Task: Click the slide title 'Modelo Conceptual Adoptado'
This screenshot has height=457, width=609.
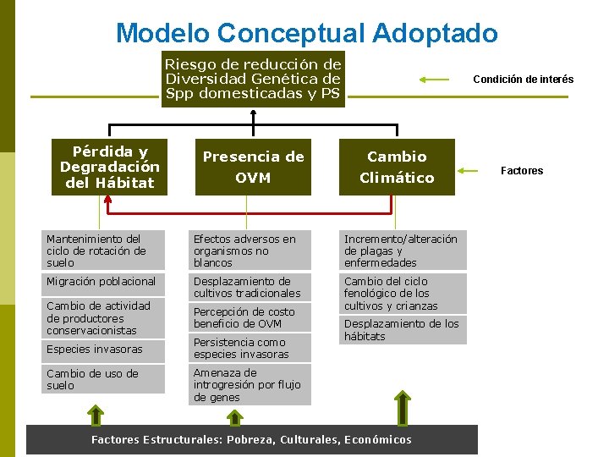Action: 306,33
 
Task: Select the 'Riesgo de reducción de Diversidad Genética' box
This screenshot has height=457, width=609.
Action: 253,79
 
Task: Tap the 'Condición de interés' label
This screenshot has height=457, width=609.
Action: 523,80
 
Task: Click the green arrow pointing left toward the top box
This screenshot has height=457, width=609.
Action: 435,80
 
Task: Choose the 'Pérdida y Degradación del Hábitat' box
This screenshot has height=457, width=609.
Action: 109,167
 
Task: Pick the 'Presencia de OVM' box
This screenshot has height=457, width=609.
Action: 253,167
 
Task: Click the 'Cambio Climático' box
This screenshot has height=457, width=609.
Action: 397,167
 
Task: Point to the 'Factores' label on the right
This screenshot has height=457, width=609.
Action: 522,171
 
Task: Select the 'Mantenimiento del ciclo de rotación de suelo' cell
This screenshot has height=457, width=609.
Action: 104,251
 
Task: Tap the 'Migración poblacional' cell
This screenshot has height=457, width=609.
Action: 104,282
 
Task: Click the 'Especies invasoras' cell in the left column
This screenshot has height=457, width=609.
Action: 104,349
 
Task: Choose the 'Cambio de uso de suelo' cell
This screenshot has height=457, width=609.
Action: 104,379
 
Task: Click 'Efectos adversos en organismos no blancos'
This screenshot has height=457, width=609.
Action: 246,251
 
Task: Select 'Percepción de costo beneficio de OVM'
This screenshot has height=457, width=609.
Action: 246,317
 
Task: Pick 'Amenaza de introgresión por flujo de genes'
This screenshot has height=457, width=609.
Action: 246,384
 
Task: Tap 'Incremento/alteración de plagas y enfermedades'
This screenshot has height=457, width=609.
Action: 403,251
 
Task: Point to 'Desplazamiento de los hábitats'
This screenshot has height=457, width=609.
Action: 403,330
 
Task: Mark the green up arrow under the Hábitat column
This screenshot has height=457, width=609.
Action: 96,415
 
